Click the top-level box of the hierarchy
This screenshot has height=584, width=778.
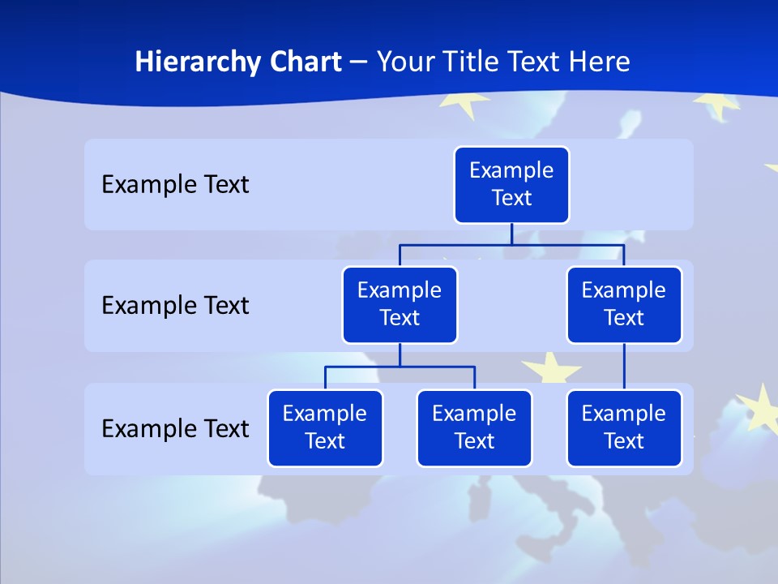pyautogui.click(x=511, y=184)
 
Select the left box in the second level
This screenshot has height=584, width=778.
pyautogui.click(x=400, y=304)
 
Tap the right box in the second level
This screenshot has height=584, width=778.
pyautogui.click(x=624, y=304)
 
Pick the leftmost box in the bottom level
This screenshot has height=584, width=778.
pyautogui.click(x=325, y=427)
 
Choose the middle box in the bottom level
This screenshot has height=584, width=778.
pyautogui.click(x=474, y=427)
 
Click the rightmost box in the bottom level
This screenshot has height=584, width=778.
pyautogui.click(x=624, y=427)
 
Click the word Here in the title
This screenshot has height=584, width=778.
pyautogui.click(x=601, y=62)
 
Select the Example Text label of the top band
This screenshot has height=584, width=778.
pyautogui.click(x=175, y=185)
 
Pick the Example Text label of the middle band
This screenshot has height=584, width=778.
pyautogui.click(x=175, y=306)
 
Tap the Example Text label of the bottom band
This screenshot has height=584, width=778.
pyautogui.click(x=175, y=428)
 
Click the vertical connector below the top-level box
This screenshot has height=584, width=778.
pyautogui.click(x=511, y=234)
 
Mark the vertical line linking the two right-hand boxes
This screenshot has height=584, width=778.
pyautogui.click(x=624, y=367)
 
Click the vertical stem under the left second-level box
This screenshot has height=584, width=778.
pyautogui.click(x=400, y=354)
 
